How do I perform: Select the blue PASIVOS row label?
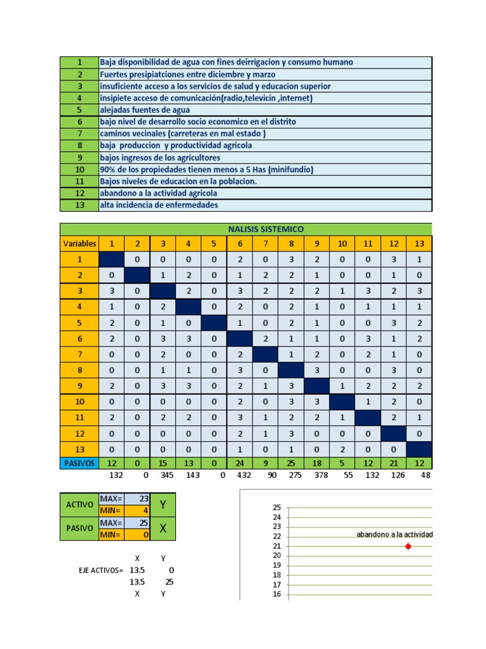[79, 463]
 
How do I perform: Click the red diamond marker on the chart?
[408, 546]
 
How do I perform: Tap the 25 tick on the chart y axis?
[276, 508]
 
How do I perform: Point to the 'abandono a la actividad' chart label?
[394, 535]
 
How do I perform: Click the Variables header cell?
[79, 243]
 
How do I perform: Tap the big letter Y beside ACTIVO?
[163, 504]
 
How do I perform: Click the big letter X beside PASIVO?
[163, 528]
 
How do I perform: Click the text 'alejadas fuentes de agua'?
[145, 110]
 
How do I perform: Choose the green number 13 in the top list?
[79, 205]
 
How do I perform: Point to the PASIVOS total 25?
[290, 463]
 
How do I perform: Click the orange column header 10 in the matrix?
[342, 243]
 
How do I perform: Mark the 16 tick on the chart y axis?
[276, 594]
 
